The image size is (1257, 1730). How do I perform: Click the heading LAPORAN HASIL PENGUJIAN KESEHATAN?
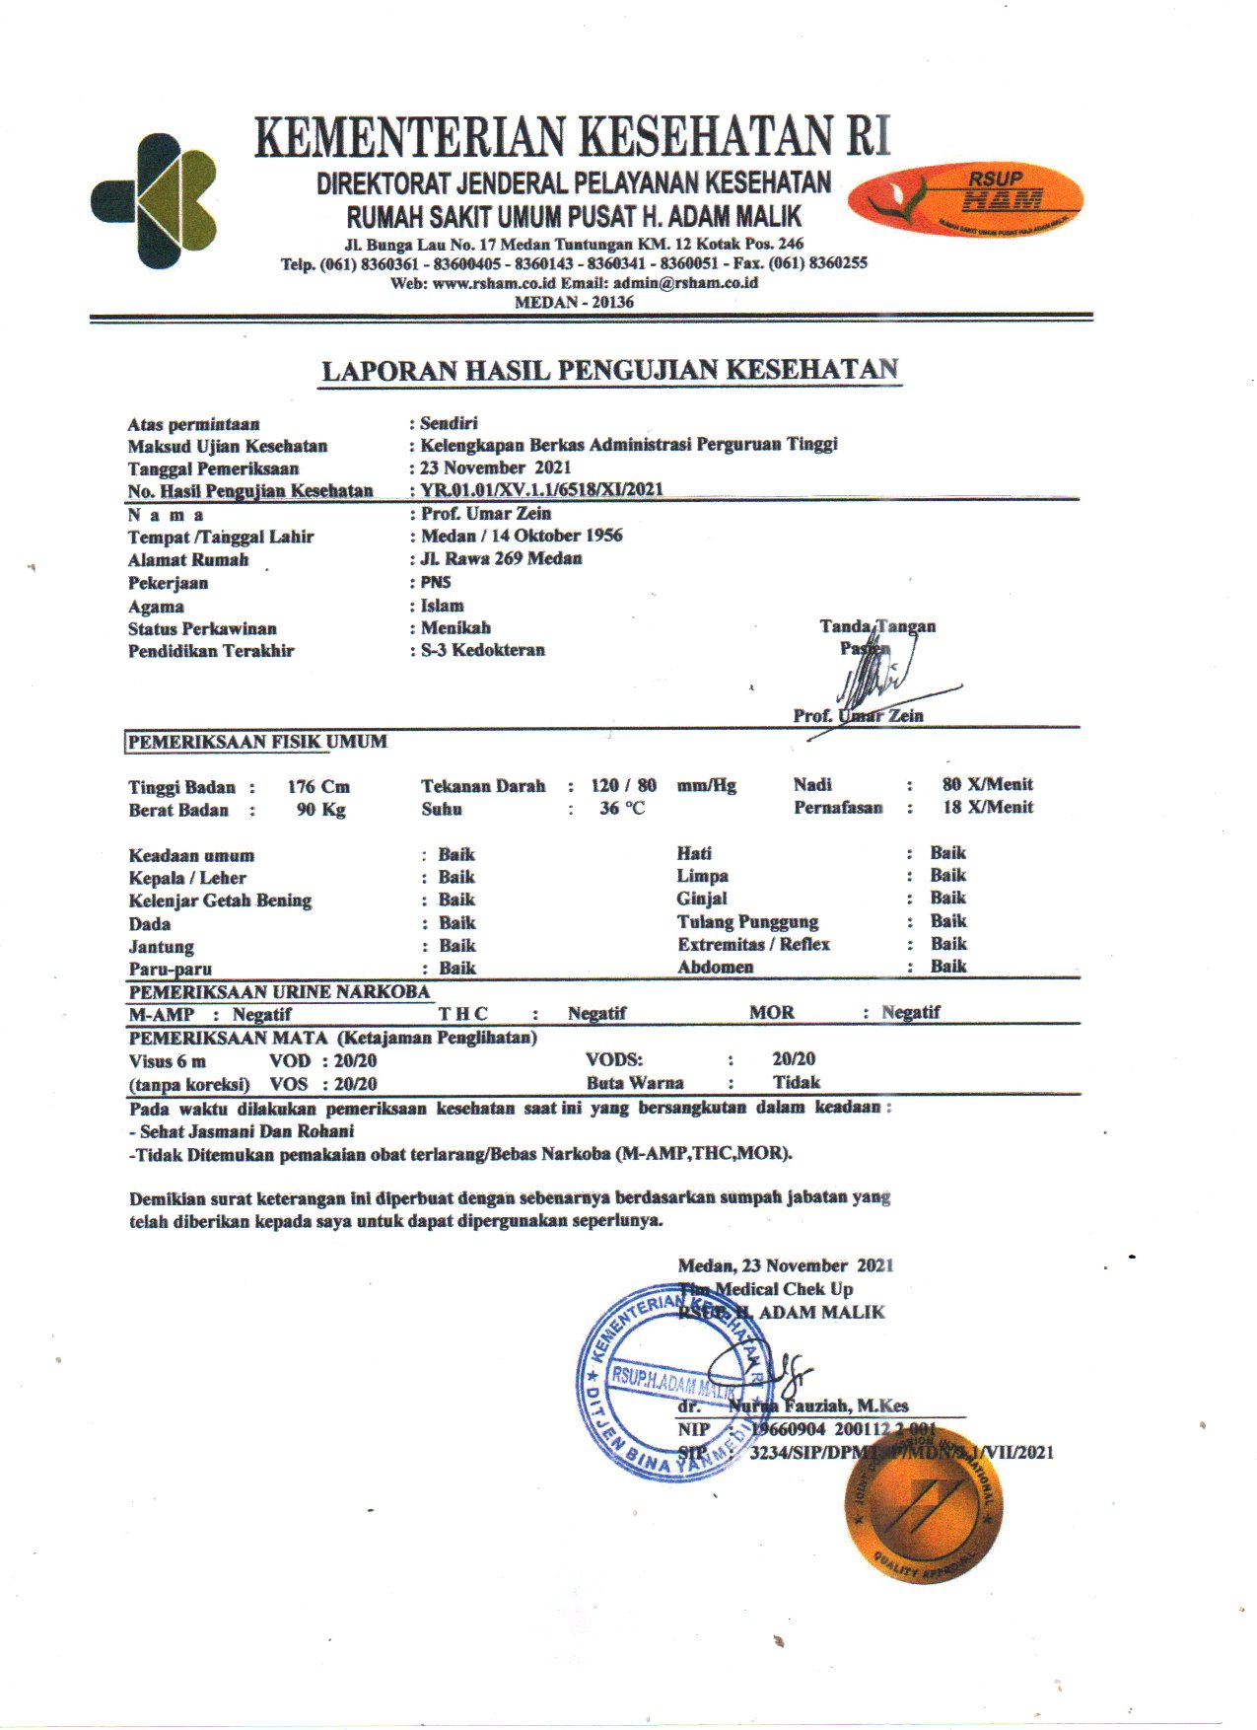(x=610, y=371)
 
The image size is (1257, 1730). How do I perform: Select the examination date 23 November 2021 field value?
(x=496, y=468)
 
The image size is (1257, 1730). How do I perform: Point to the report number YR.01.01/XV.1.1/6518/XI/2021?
(x=541, y=489)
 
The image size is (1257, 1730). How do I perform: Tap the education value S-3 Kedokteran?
(x=483, y=650)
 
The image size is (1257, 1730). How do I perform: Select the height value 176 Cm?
(x=318, y=787)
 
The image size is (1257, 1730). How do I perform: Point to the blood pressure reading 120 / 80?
(x=623, y=786)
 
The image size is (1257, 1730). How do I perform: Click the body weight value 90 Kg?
(x=321, y=810)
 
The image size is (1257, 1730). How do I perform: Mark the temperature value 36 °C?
(x=621, y=809)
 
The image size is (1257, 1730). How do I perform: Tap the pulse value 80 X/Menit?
(x=987, y=784)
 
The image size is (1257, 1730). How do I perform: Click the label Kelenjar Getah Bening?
(x=220, y=901)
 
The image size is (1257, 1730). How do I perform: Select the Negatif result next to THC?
(x=596, y=1013)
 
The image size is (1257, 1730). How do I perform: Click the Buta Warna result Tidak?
(x=796, y=1082)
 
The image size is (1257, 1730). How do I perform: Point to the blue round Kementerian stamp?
(x=670, y=1380)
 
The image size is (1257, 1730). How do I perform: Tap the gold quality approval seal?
(x=923, y=1504)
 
